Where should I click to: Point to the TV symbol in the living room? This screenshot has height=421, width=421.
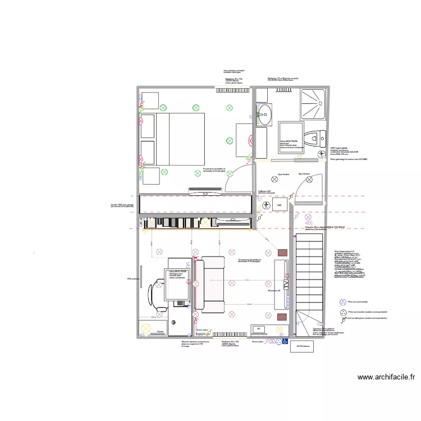click(x=286, y=285)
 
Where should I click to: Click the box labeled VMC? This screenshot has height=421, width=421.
click(x=279, y=205)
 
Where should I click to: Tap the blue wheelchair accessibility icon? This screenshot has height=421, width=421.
click(x=285, y=341)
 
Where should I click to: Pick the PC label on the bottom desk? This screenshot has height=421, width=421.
click(x=259, y=329)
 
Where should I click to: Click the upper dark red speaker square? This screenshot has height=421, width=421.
click(x=282, y=253)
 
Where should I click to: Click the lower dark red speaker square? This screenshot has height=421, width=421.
click(x=282, y=317)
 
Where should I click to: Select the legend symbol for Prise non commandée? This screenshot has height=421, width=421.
click(x=342, y=301)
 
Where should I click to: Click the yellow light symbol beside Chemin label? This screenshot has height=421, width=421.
click(x=148, y=328)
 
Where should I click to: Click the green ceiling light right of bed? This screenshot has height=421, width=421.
click(x=229, y=140)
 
